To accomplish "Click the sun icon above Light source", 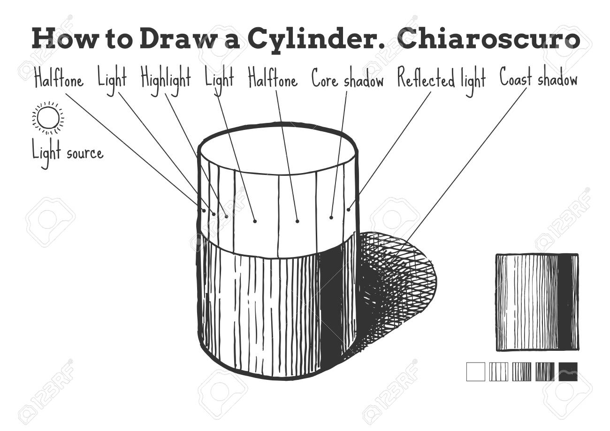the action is click(x=48, y=118).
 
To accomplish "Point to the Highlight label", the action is click(x=166, y=79).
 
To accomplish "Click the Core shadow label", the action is click(x=348, y=78).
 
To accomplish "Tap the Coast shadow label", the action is click(x=539, y=78).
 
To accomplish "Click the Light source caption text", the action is click(x=68, y=153).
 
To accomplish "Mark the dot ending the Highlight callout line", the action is click(x=226, y=217).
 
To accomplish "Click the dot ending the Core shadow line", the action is click(x=331, y=218).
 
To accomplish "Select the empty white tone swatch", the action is click(x=476, y=372).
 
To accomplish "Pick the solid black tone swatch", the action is click(x=568, y=372).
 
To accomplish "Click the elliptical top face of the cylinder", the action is click(x=277, y=149).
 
